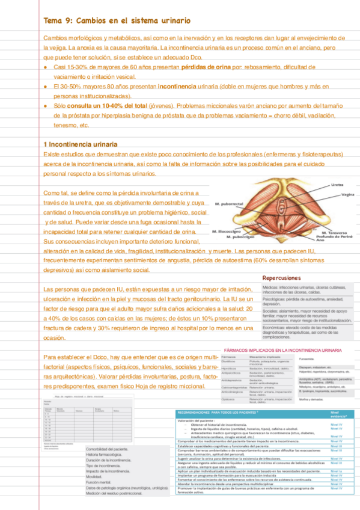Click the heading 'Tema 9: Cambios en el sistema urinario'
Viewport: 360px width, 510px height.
click(x=118, y=20)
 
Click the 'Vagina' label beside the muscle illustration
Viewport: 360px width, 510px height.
click(x=347, y=194)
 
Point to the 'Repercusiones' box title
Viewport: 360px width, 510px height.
click(x=281, y=278)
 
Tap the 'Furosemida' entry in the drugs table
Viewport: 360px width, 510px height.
click(x=308, y=360)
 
